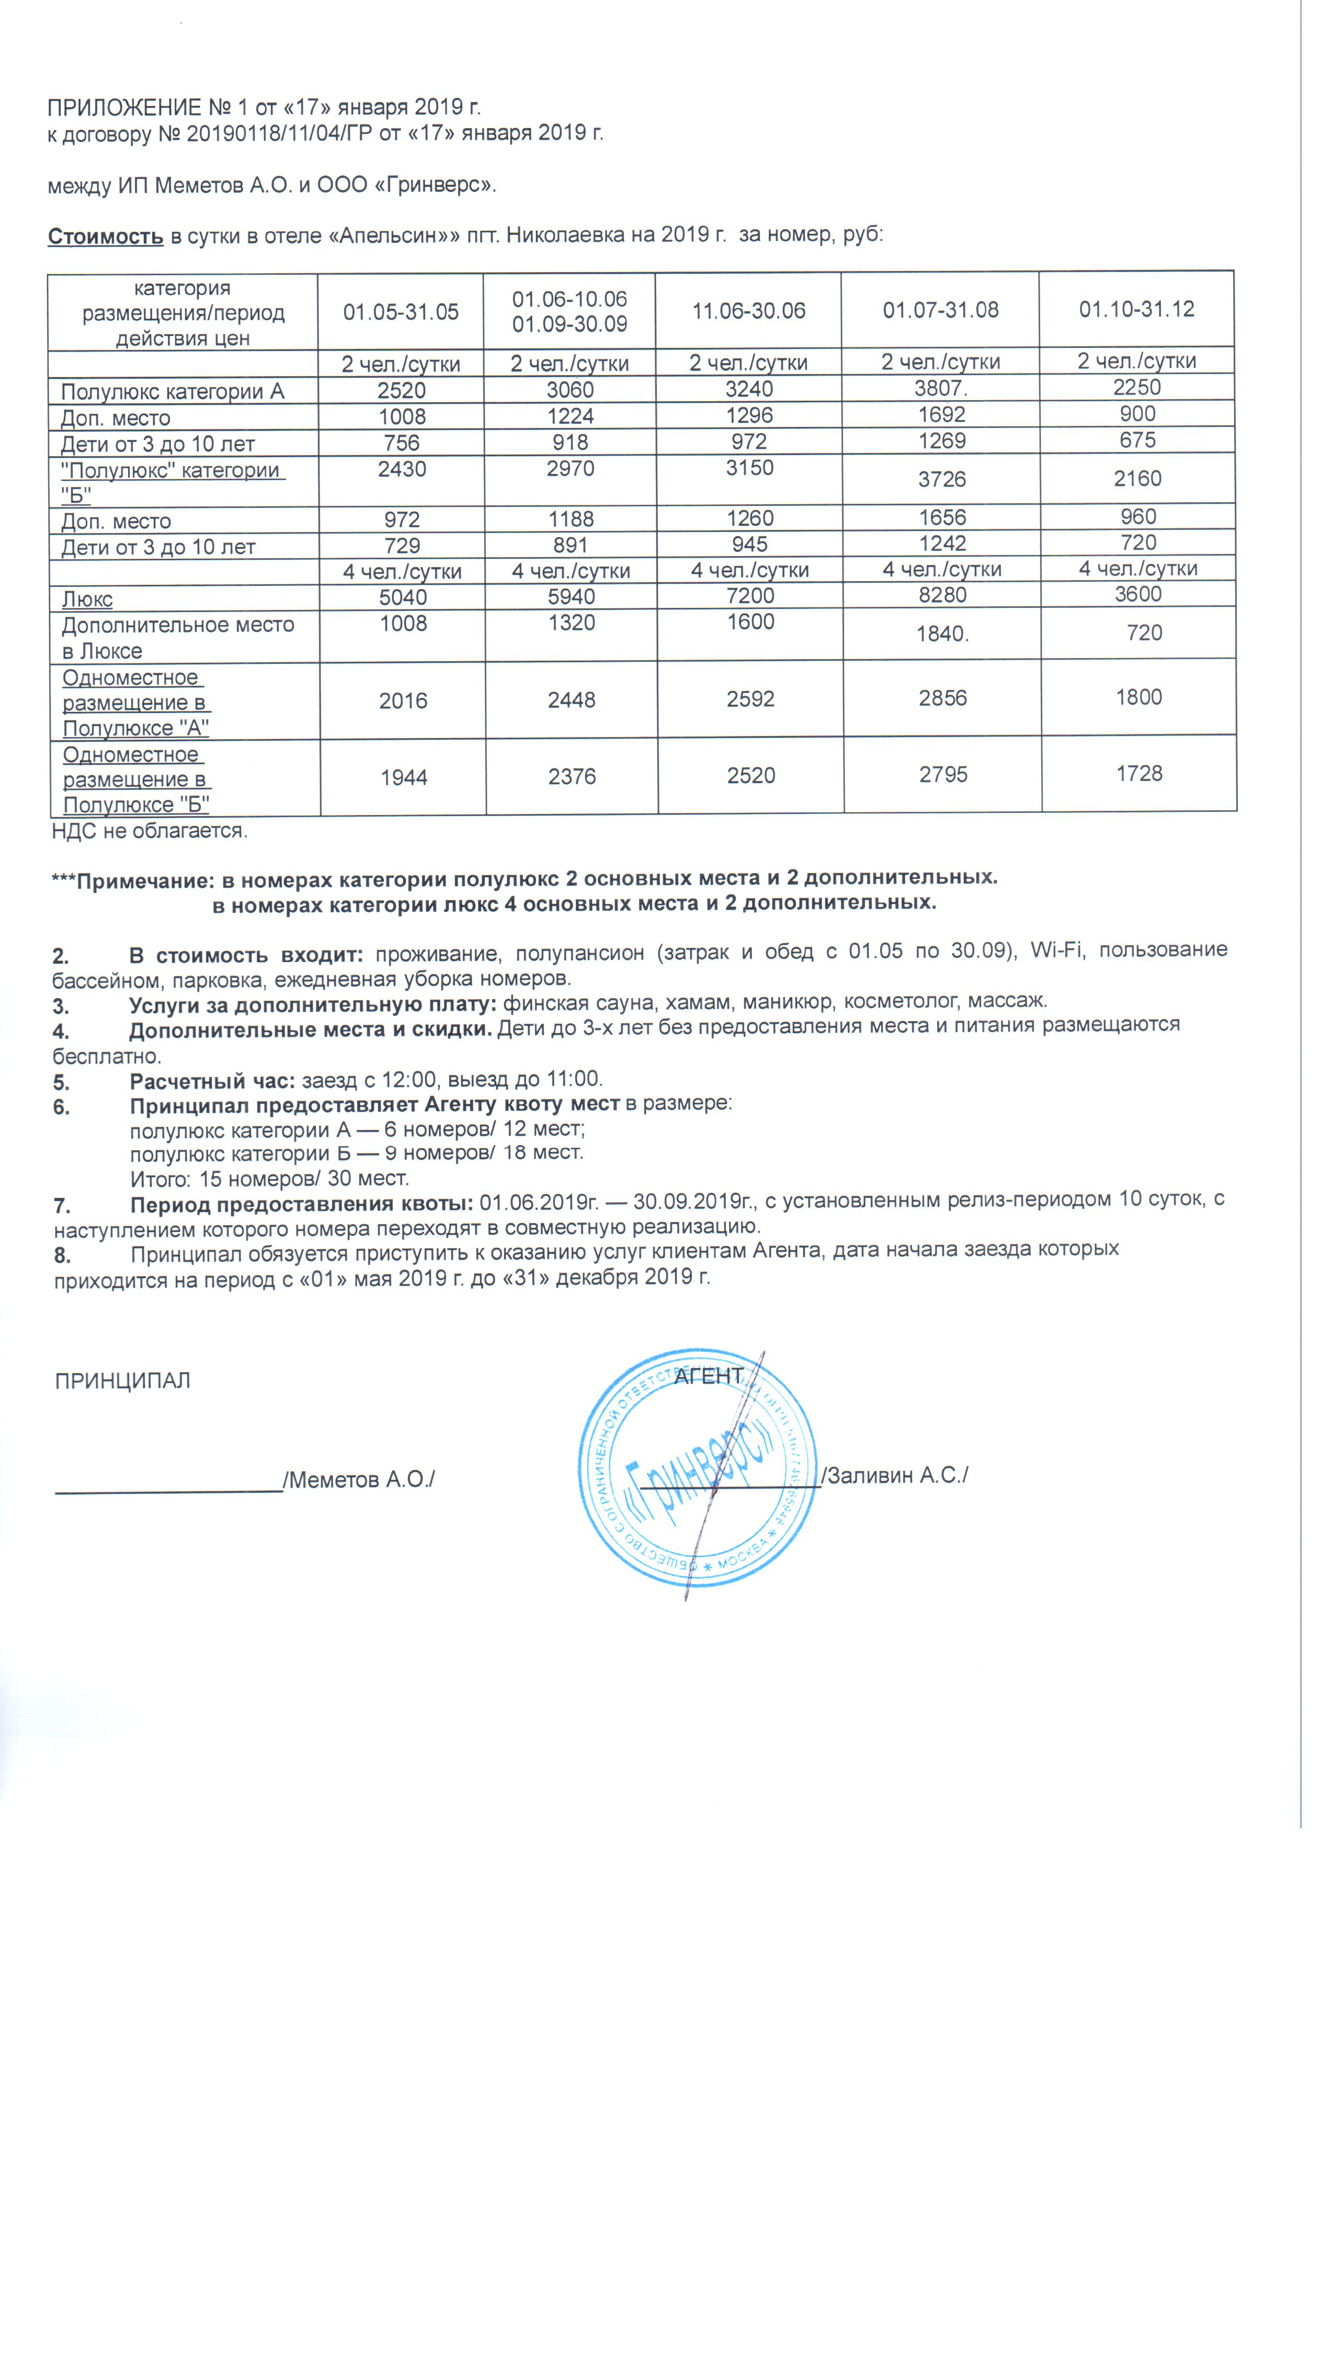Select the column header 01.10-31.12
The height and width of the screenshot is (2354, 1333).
(1136, 309)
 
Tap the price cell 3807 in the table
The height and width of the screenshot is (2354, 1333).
(941, 388)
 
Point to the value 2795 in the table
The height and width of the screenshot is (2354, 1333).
(943, 775)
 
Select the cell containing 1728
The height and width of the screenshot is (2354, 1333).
(1139, 774)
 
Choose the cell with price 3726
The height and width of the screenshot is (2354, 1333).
(942, 479)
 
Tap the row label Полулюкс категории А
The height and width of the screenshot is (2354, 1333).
(172, 392)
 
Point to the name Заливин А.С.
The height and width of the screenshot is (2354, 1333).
(897, 1475)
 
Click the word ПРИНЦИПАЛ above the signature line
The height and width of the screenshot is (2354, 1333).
(123, 1380)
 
